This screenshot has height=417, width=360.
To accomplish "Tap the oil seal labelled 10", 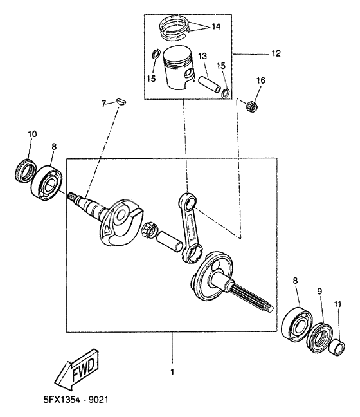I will tap(25, 171).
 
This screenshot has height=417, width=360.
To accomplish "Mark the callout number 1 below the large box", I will tap(172, 372).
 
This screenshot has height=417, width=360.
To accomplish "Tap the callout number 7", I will tap(103, 103).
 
